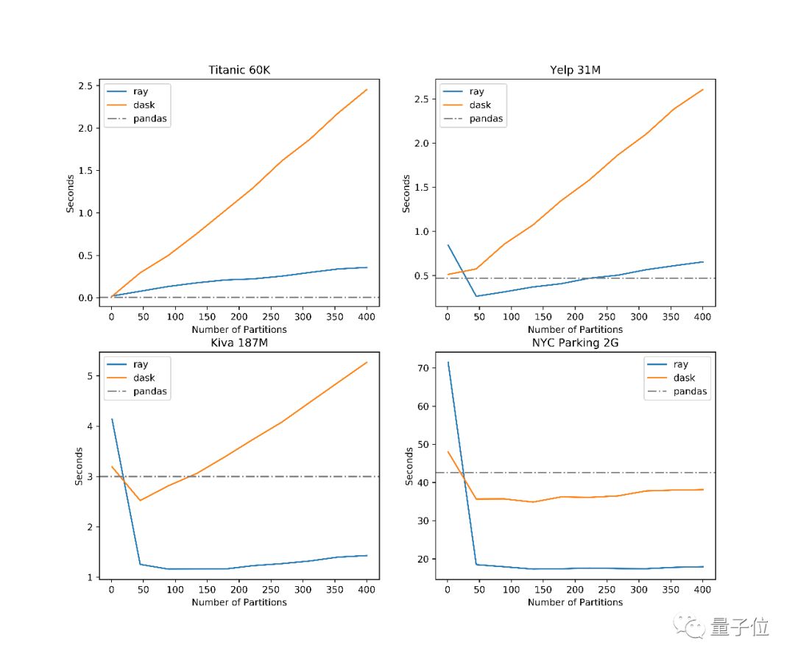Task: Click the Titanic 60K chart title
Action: (239, 71)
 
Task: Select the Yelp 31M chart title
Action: (575, 71)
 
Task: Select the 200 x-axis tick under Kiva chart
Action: (239, 590)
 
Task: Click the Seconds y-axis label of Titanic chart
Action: (71, 193)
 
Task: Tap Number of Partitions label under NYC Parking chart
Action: (575, 602)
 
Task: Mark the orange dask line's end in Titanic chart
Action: (367, 90)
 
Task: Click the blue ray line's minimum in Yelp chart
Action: (476, 296)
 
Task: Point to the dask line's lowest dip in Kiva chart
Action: (140, 500)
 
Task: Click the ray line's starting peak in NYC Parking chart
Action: (448, 362)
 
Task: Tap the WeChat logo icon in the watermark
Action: (693, 627)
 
